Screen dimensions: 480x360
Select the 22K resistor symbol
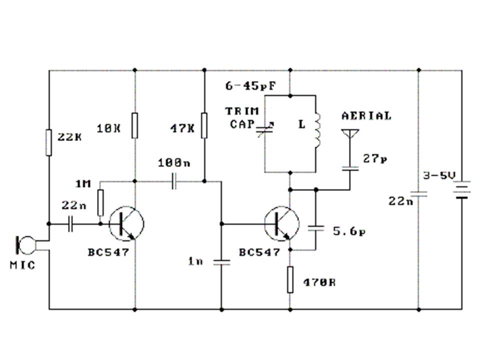48,142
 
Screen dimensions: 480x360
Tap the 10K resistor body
134,125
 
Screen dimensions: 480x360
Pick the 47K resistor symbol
204,125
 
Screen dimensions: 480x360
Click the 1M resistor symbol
100,202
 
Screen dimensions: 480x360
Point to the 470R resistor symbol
290,279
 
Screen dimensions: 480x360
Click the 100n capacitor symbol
174,181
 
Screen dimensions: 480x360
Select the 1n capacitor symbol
221,262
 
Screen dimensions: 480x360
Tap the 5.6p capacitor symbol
315,228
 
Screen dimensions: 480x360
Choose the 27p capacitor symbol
350,168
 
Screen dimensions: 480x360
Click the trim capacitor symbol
265,129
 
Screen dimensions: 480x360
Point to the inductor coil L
317,130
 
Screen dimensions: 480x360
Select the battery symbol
462,190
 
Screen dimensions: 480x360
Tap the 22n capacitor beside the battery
419,194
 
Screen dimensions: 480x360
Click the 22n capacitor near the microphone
70,224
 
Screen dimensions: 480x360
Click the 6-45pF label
250,85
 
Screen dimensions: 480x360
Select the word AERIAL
366,115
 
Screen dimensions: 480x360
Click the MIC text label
22,265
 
